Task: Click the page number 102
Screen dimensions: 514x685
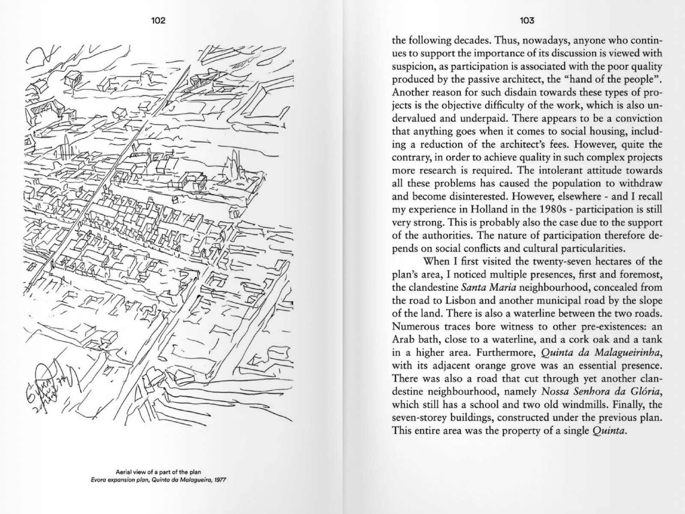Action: point(158,21)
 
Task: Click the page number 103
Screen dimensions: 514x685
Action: point(527,21)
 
